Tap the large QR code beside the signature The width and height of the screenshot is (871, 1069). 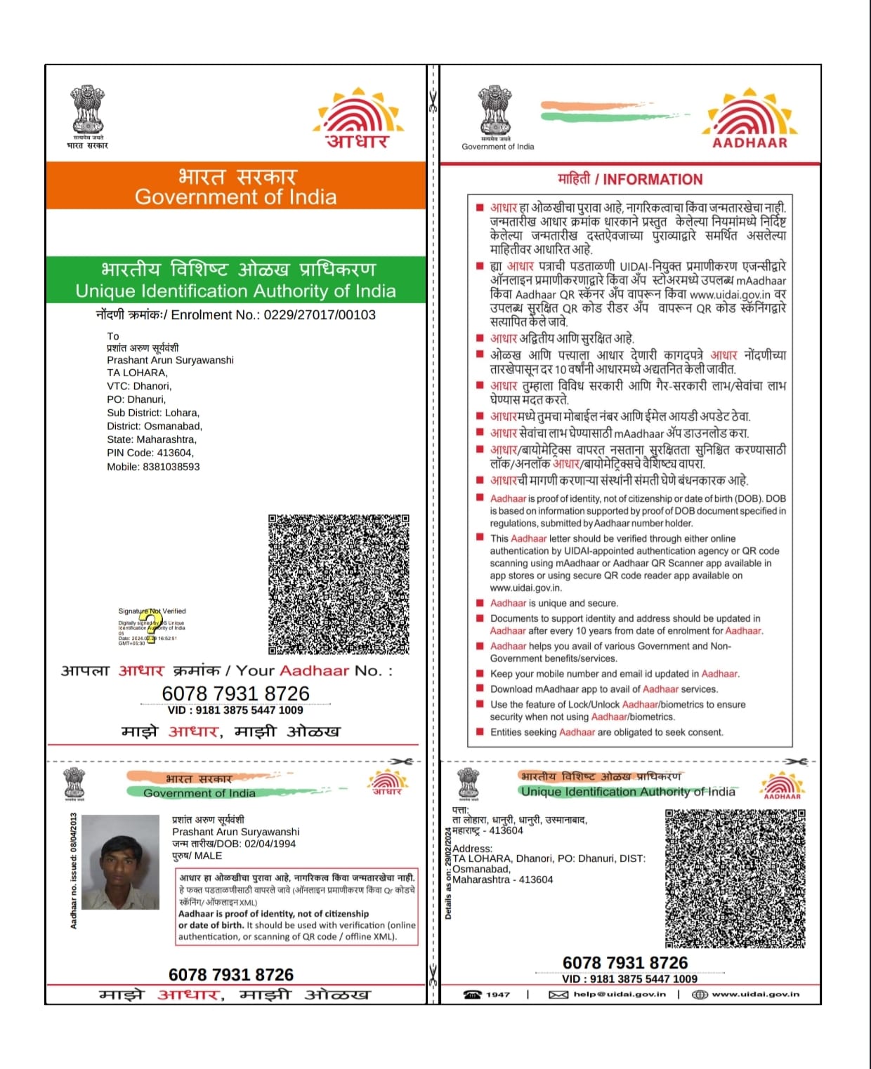click(x=339, y=584)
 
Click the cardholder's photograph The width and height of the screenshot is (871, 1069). click(x=120, y=863)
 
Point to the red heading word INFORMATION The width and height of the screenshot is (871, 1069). click(x=653, y=180)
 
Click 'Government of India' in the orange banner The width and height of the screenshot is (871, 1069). click(x=235, y=197)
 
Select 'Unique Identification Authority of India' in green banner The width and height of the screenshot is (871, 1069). click(x=235, y=291)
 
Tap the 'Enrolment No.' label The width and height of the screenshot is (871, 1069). click(x=214, y=315)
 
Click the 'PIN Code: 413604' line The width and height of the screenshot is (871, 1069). click(x=150, y=453)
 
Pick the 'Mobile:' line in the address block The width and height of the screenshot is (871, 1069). click(x=153, y=467)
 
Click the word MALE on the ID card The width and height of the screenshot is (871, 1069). click(x=208, y=856)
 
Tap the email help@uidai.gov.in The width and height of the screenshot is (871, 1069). click(x=619, y=994)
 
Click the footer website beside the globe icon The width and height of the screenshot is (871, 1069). click(x=755, y=994)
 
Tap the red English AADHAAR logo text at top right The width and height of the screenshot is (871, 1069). click(x=749, y=143)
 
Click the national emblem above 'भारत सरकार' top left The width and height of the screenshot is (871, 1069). click(x=88, y=109)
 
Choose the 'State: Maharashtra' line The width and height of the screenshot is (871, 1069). click(x=152, y=440)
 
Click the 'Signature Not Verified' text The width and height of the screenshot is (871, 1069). click(x=152, y=611)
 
